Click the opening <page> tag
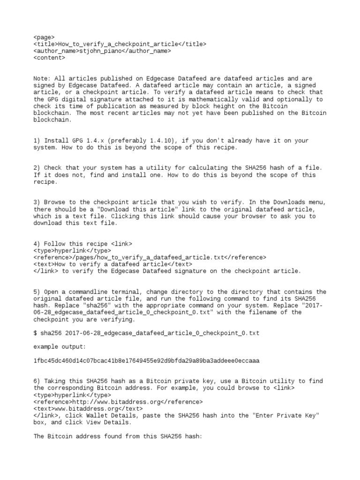click(x=44, y=37)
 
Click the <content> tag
click(x=49, y=58)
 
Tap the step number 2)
click(x=37, y=168)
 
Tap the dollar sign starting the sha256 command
click(x=36, y=333)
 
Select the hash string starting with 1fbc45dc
click(x=146, y=361)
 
